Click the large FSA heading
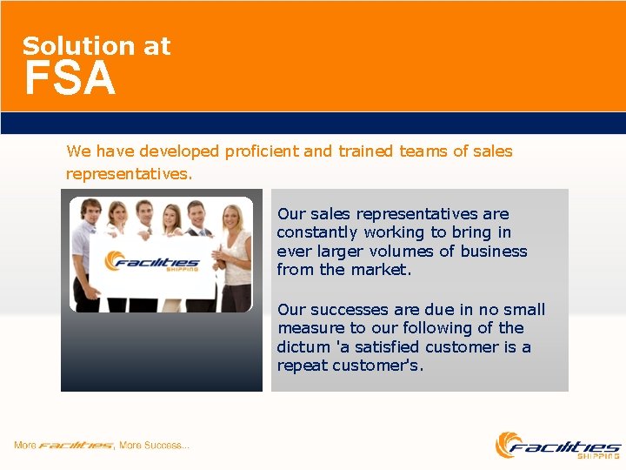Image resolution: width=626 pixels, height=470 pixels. click(x=70, y=79)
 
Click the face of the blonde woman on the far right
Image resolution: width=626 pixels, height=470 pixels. click(x=232, y=216)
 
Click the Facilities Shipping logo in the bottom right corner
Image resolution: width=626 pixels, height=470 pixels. click(x=557, y=445)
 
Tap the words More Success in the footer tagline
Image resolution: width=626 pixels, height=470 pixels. click(x=154, y=446)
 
